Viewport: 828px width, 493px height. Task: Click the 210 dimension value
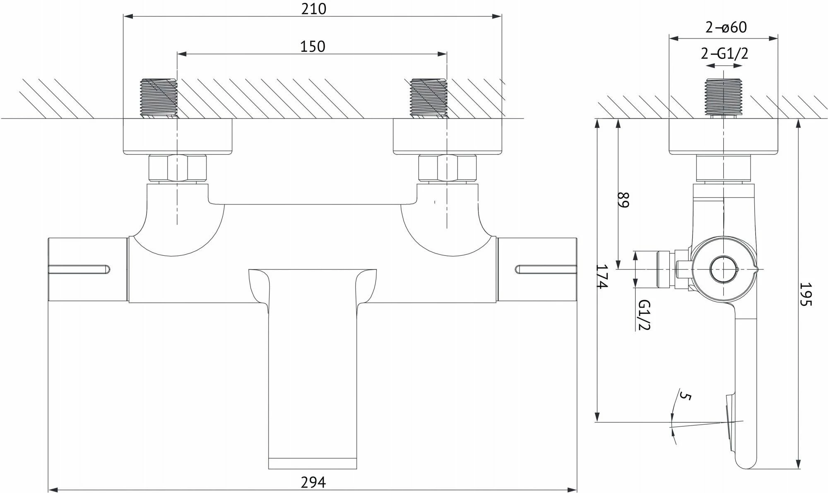(313, 9)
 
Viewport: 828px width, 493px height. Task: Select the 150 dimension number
(313, 46)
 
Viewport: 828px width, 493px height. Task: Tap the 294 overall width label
(313, 482)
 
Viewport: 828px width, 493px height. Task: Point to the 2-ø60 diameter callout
(726, 27)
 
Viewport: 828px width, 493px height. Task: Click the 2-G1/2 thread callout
(724, 54)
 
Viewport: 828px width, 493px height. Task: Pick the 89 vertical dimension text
(623, 200)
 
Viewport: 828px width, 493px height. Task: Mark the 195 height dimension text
(806, 294)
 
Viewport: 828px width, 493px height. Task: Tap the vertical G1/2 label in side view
(644, 315)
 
